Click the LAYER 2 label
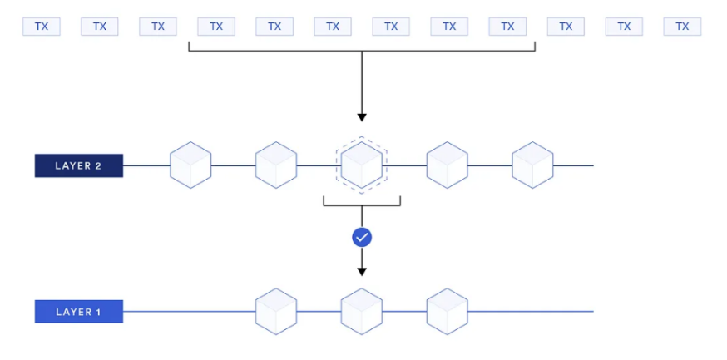78,165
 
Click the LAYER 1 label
78,312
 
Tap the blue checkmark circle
361,238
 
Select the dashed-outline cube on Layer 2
361,165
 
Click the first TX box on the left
42,27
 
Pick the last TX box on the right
682,27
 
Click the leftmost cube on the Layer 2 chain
190,165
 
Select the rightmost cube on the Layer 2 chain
532,165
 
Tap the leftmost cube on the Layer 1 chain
276,312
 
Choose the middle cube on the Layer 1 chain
361,312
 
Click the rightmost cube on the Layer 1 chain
447,312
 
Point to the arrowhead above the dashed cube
361,116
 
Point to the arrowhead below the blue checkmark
361,271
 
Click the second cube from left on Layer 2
276,165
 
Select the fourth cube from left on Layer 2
447,165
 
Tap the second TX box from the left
100,27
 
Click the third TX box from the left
158,27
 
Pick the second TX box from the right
624,27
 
